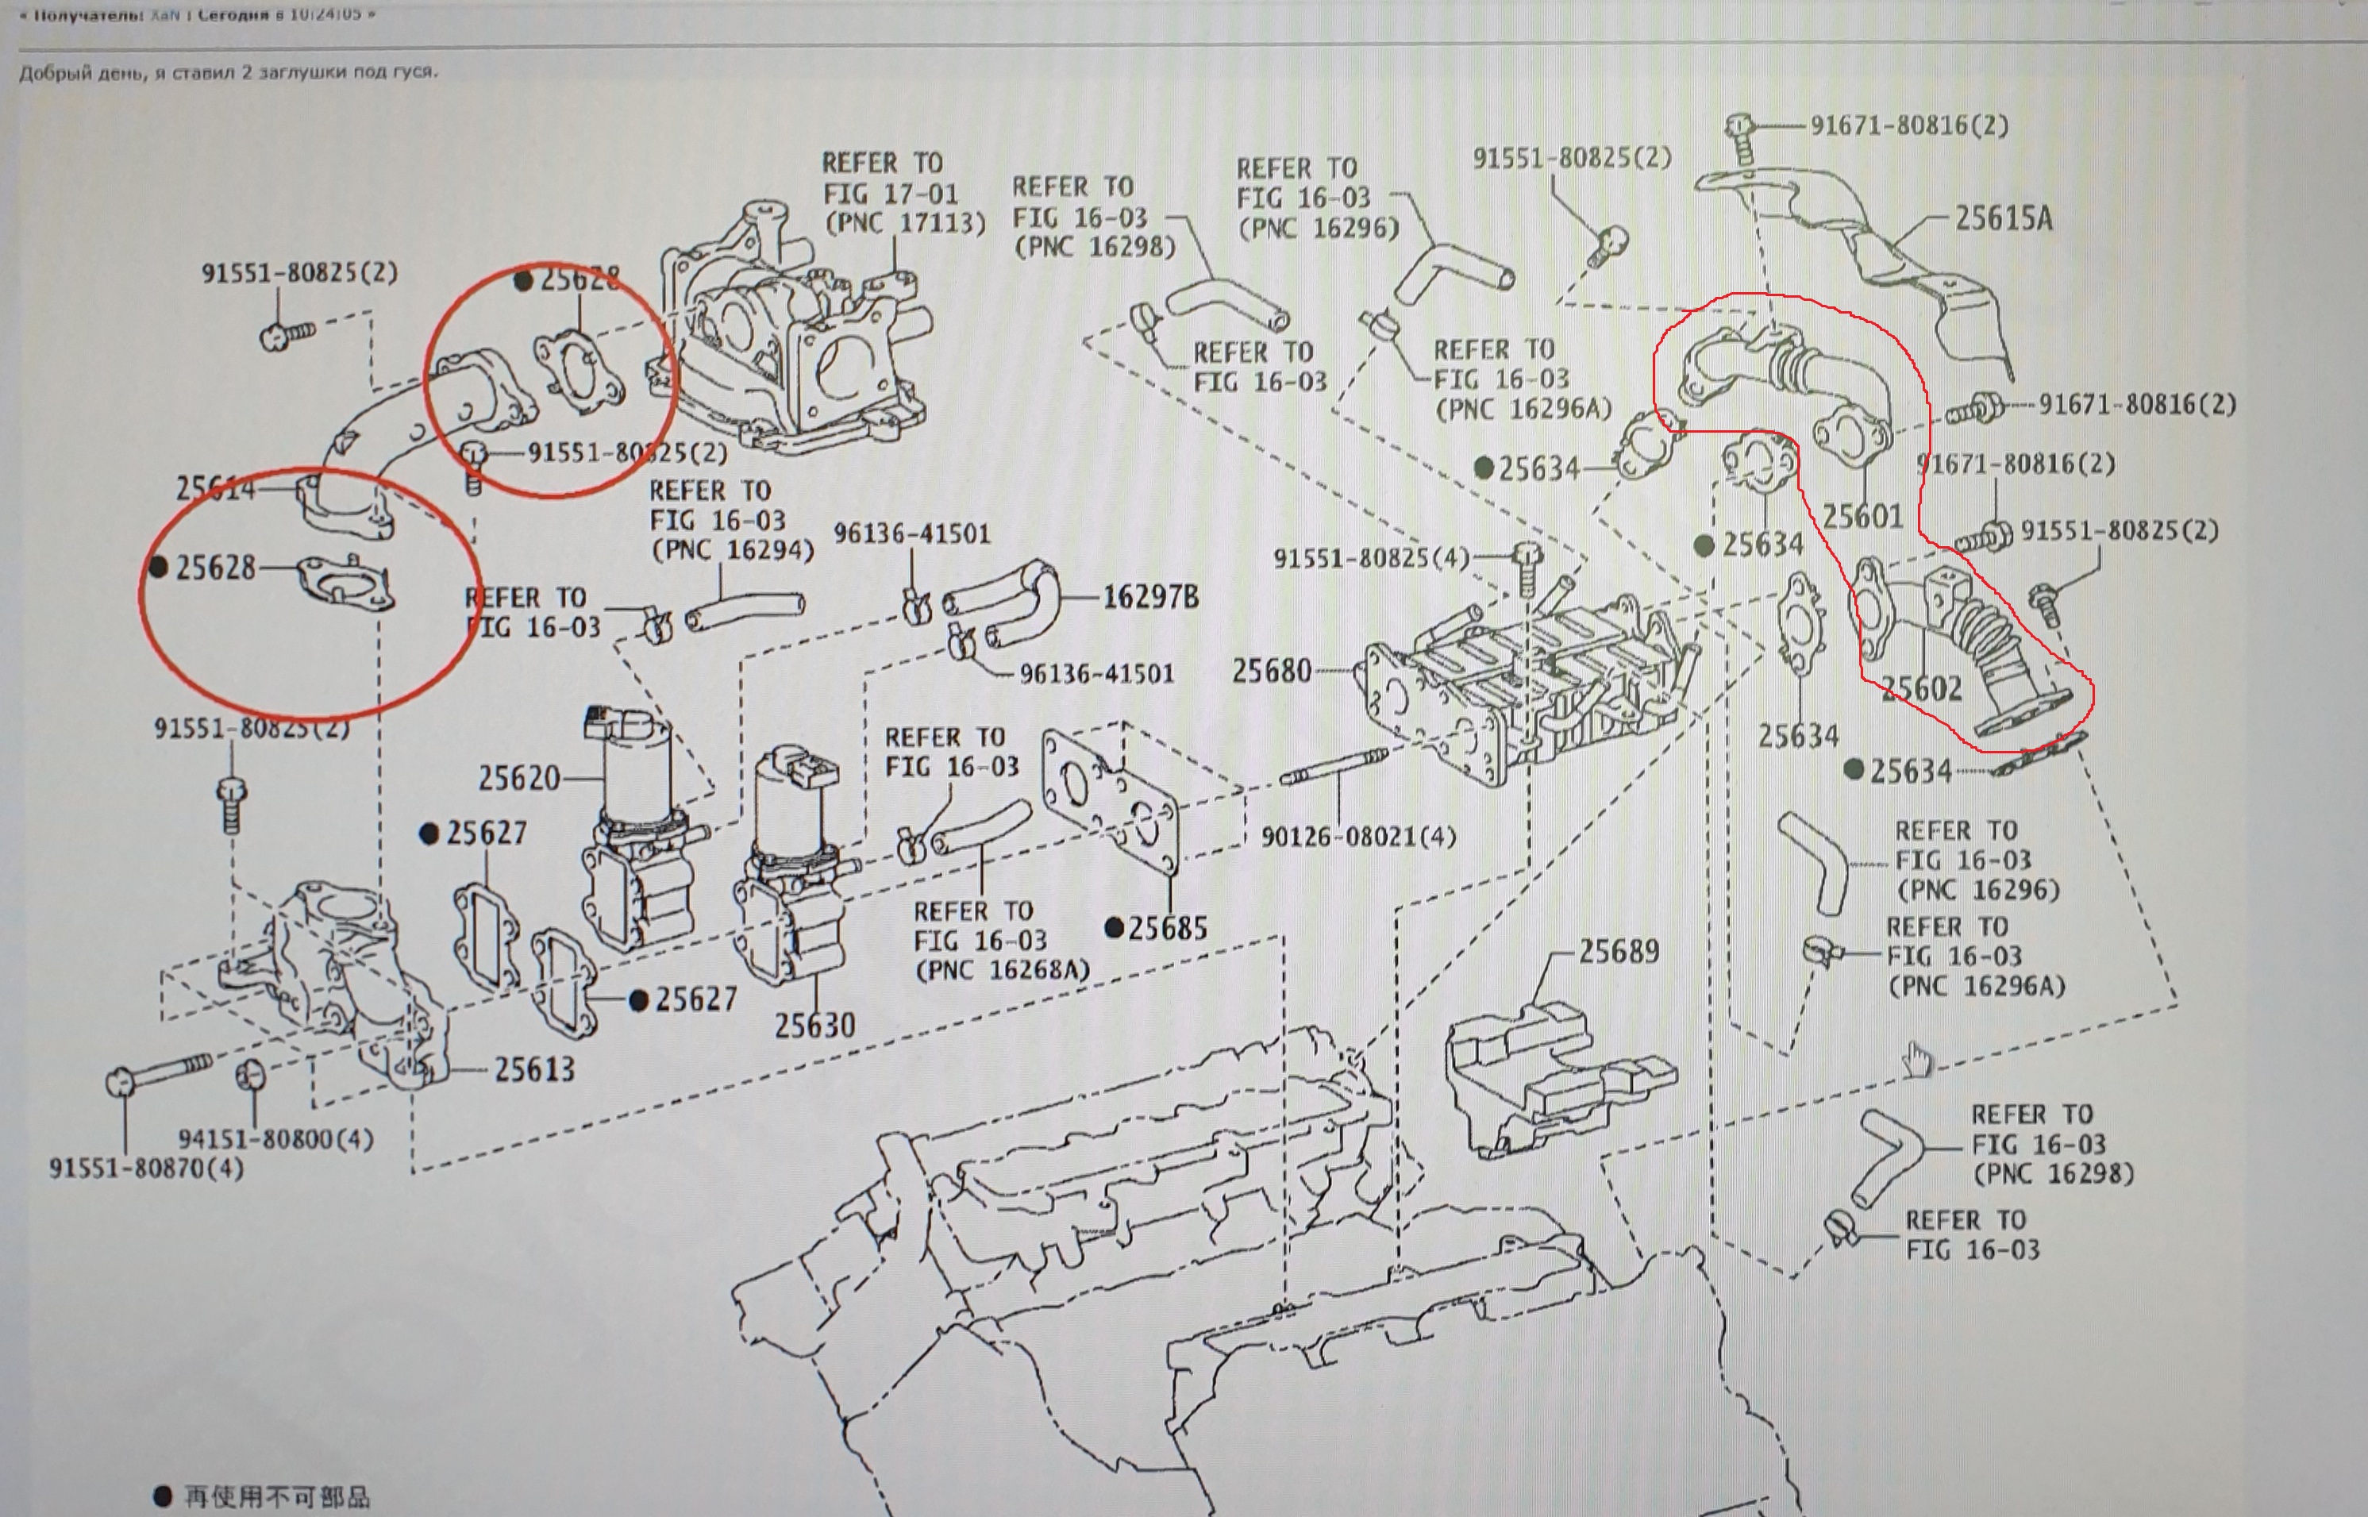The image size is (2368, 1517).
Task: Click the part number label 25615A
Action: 2003,218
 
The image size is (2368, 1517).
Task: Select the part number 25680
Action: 1272,672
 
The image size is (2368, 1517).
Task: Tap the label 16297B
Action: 1149,597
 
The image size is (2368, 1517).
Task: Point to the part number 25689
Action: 1619,952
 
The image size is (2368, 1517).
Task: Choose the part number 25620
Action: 518,778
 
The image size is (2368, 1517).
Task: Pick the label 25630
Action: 814,1026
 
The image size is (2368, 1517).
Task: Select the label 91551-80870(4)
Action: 146,1169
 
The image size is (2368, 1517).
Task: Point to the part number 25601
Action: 1862,516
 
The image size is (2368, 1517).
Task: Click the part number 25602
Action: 1921,688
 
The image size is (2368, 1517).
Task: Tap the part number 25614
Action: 215,488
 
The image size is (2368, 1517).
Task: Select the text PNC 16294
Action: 733,549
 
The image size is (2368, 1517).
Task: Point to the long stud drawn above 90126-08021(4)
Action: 1334,766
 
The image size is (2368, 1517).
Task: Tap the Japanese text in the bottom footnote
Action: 275,1497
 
